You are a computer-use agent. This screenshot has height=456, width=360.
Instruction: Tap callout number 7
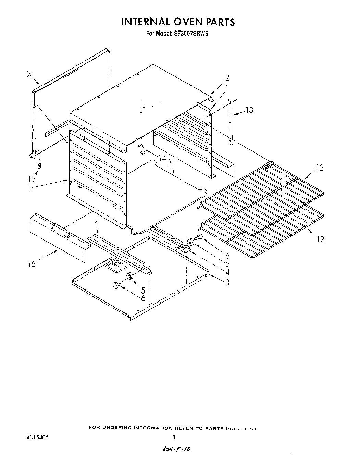[x=29, y=74]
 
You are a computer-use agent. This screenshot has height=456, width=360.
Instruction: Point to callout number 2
[x=227, y=78]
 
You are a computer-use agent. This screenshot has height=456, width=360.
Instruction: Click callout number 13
[x=250, y=110]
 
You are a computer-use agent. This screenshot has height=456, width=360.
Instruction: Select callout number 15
[x=32, y=178]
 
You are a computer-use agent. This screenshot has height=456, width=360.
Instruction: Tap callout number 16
[x=32, y=264]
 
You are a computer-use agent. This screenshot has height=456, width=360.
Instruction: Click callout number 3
[x=227, y=282]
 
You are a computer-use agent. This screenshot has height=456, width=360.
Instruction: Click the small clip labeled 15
[x=39, y=166]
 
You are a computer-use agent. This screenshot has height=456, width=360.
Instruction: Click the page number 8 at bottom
[x=174, y=437]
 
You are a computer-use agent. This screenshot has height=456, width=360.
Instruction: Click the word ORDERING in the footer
[x=117, y=428]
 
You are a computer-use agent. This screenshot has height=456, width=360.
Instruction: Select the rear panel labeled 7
[x=69, y=103]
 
